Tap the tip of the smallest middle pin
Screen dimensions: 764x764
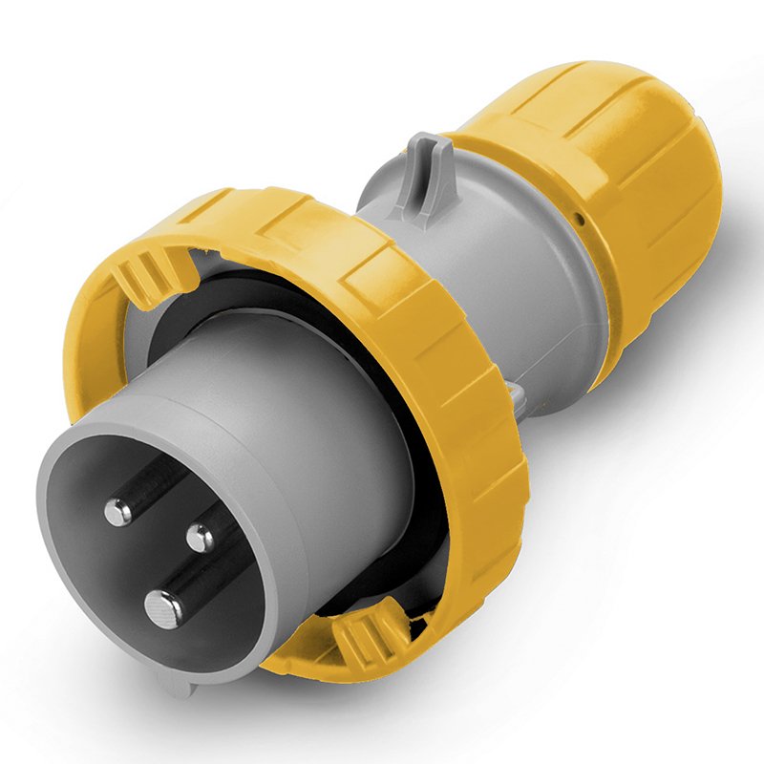tap(201, 538)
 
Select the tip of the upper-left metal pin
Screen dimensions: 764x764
tap(118, 513)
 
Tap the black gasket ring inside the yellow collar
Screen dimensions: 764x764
tap(286, 286)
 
